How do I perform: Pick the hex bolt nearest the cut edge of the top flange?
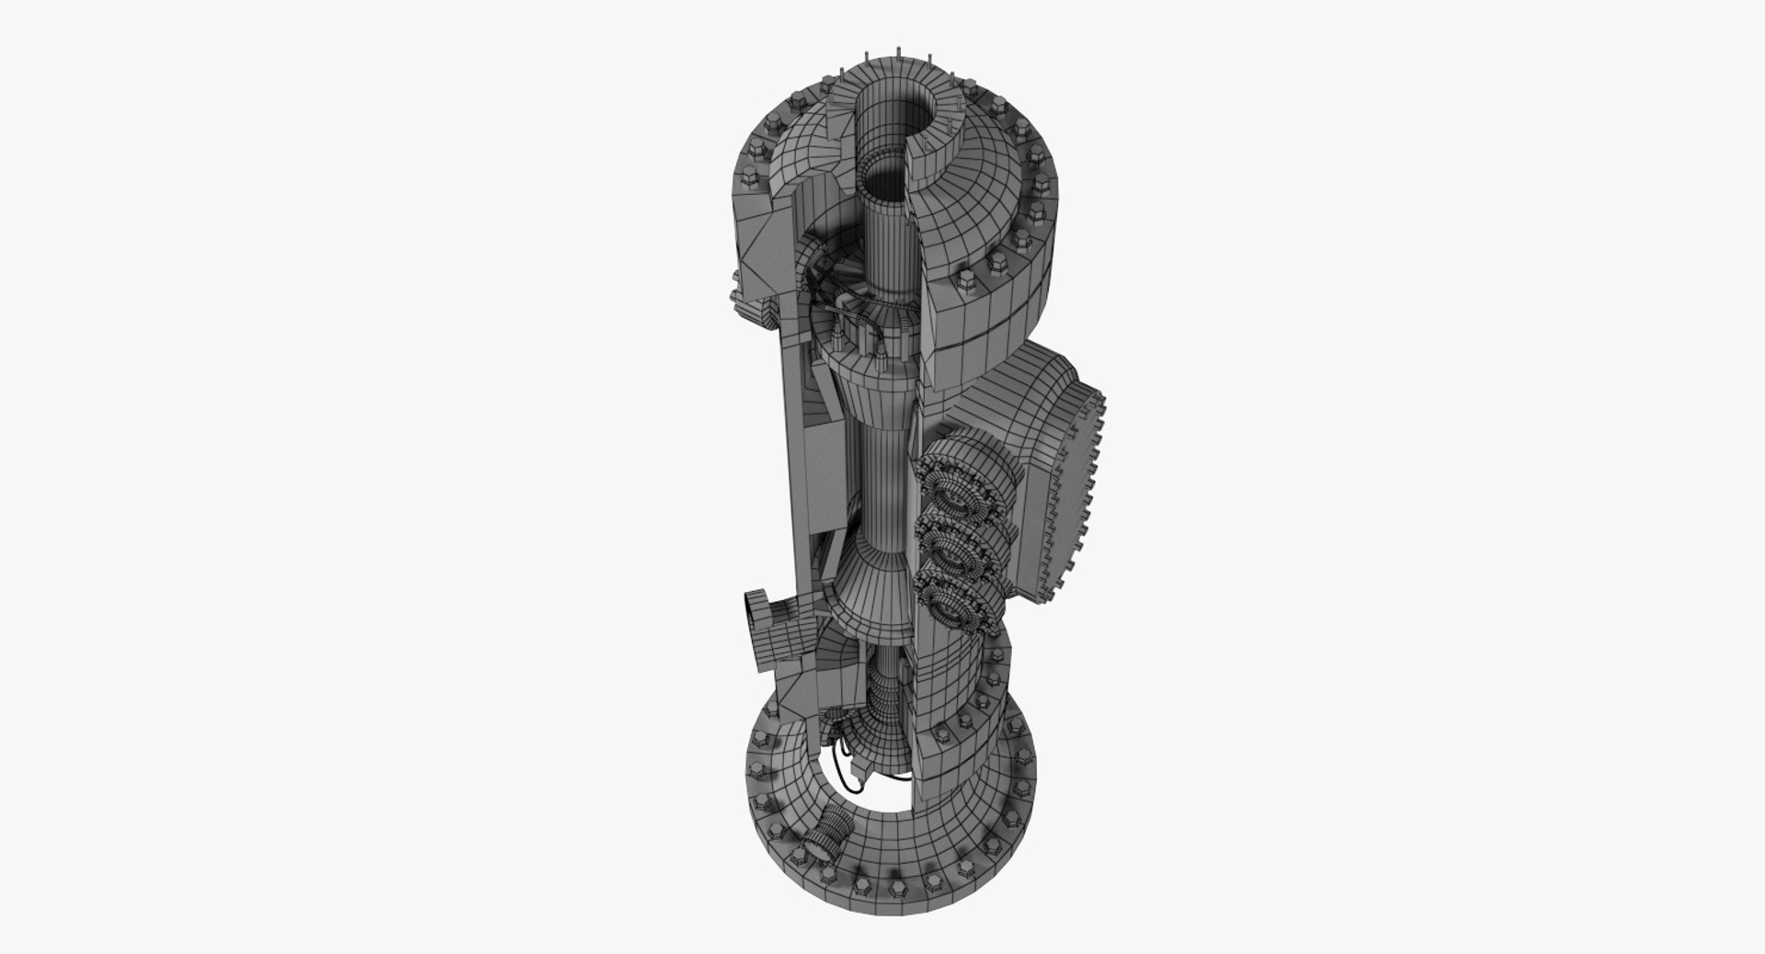tap(969, 281)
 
